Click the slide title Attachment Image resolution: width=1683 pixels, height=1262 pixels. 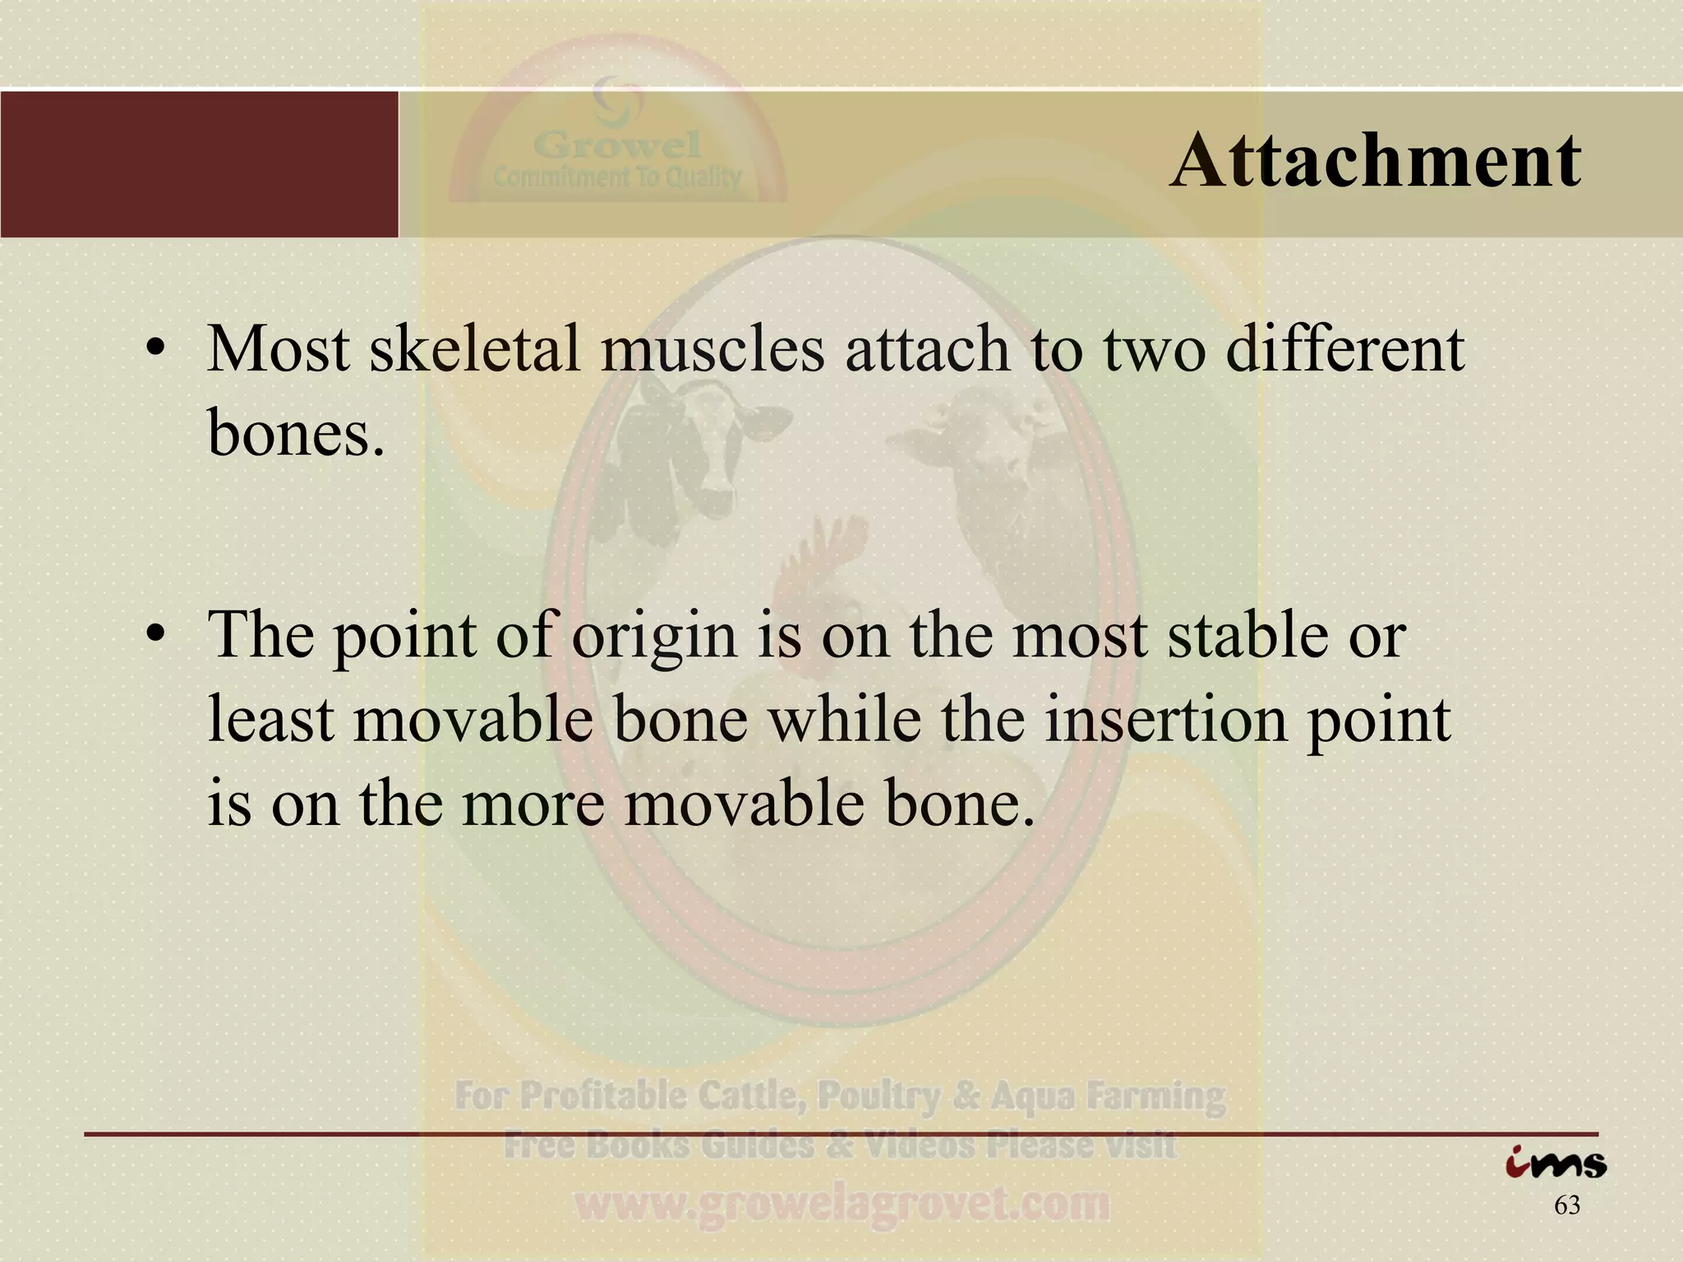click(x=1375, y=161)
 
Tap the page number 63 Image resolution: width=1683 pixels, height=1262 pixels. click(x=1567, y=1205)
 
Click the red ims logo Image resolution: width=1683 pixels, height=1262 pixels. click(x=1556, y=1163)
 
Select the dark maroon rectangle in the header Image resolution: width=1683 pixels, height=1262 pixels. click(x=199, y=164)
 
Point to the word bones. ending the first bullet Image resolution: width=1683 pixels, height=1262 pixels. click(x=296, y=432)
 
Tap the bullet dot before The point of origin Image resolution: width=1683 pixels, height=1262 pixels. click(x=154, y=638)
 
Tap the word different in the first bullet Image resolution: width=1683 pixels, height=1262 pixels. click(x=1344, y=349)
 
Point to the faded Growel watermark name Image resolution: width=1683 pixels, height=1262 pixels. click(x=617, y=146)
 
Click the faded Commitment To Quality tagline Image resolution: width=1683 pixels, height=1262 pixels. click(x=617, y=177)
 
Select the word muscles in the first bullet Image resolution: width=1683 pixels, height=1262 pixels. click(x=712, y=349)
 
